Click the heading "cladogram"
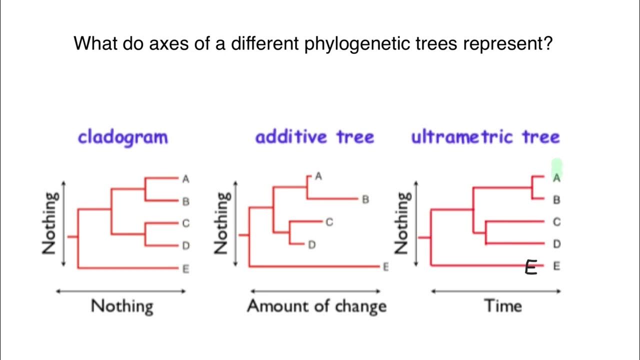click(122, 137)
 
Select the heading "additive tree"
click(314, 137)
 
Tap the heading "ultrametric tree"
click(485, 137)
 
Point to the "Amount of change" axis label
click(316, 306)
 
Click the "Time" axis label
click(502, 305)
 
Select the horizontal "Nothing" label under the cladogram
click(122, 306)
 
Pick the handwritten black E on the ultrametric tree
click(530, 268)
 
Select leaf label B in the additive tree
click(365, 199)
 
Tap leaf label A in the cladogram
click(185, 178)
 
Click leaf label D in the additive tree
click(311, 245)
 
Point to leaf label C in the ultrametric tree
click(556, 222)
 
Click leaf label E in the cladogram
click(185, 269)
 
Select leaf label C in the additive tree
click(329, 222)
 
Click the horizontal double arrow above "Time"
click(495, 291)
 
